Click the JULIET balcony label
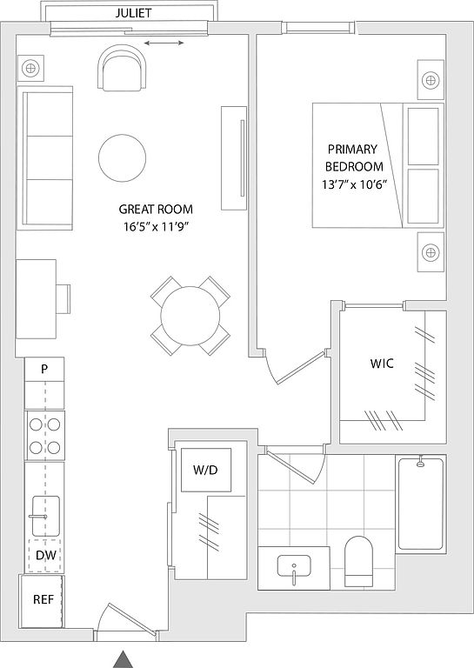[x=133, y=13]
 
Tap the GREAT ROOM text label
[x=156, y=209]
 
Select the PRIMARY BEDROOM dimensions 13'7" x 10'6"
[x=354, y=184]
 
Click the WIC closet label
[x=382, y=364]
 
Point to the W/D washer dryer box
[x=206, y=470]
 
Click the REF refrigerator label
[x=43, y=599]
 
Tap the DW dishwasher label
[x=46, y=555]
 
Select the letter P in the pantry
[x=44, y=369]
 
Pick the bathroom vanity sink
[x=294, y=567]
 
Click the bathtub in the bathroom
[x=421, y=504]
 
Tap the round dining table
[x=190, y=316]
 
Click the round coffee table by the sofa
[x=123, y=157]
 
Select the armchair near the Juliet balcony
[x=123, y=68]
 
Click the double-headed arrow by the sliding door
[x=164, y=43]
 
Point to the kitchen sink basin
[x=46, y=516]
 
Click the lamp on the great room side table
[x=30, y=68]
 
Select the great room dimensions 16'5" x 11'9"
[x=156, y=227]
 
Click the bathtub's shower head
[x=421, y=462]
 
